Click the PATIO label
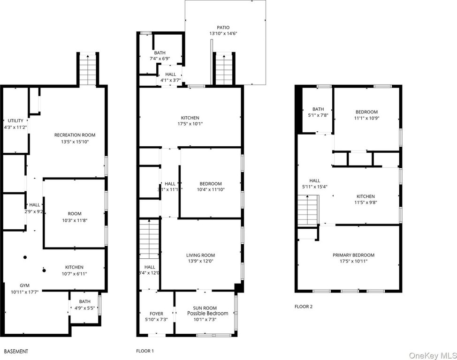click(223, 27)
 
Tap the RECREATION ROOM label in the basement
click(75, 135)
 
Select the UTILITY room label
click(15, 120)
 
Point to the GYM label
click(24, 285)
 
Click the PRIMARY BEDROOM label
click(353, 255)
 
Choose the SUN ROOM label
click(205, 308)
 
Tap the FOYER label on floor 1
click(156, 314)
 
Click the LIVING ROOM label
click(200, 255)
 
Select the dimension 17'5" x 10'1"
click(190, 124)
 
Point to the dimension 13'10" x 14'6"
click(223, 33)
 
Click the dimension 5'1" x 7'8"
click(318, 115)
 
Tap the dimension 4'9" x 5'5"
click(84, 307)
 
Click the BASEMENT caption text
click(16, 351)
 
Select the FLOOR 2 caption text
click(304, 307)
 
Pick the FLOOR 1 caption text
click(145, 351)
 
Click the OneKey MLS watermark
click(433, 355)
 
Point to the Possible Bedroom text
click(207, 314)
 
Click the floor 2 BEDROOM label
click(366, 112)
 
